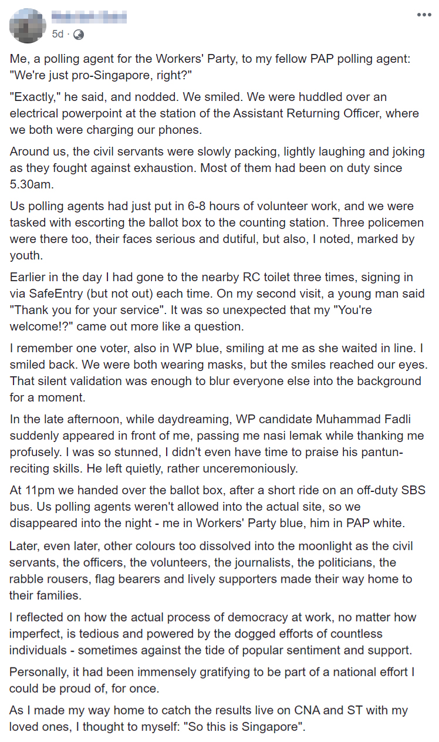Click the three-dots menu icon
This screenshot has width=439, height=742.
(x=424, y=15)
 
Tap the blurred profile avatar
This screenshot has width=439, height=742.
(x=28, y=25)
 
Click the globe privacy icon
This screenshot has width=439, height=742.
(x=78, y=35)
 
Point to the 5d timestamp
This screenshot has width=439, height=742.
(x=58, y=35)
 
